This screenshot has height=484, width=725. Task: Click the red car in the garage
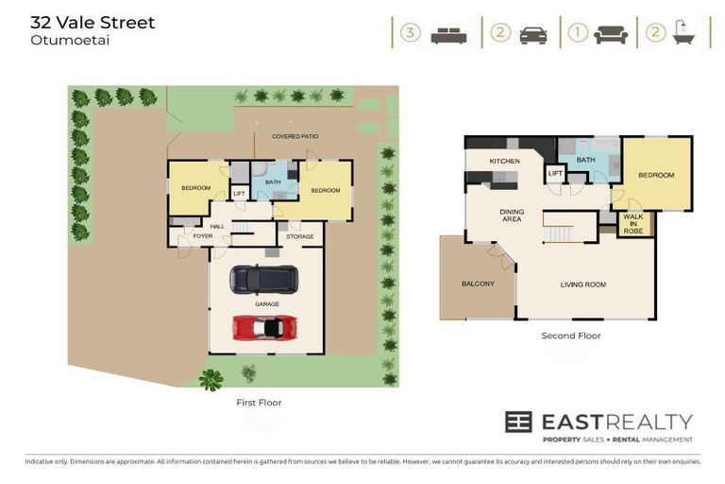pos(265,327)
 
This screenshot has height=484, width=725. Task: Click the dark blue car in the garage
pos(265,279)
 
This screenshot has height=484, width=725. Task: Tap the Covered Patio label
pos(295,136)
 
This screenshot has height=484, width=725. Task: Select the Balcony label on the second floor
pos(478,284)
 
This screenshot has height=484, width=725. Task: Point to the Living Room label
pos(582,284)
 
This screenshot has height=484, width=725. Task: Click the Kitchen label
pos(504,162)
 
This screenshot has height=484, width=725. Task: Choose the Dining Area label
pos(511,215)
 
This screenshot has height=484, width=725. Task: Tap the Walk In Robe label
pos(633,223)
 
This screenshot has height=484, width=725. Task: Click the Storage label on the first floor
pos(300,236)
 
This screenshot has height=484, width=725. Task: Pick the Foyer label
pos(203,236)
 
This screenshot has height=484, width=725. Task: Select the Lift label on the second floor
pos(556,174)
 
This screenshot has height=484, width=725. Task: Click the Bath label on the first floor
pos(274,182)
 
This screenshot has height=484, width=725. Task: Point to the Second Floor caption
pos(570,336)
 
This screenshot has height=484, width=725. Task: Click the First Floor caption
pos(258,403)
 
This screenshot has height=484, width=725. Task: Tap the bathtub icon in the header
pos(683,34)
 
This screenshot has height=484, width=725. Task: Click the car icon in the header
pos(532,34)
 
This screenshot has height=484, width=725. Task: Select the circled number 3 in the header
pos(409,33)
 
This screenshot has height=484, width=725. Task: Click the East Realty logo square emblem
pos(518,423)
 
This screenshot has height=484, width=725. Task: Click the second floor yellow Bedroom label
pos(656,175)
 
